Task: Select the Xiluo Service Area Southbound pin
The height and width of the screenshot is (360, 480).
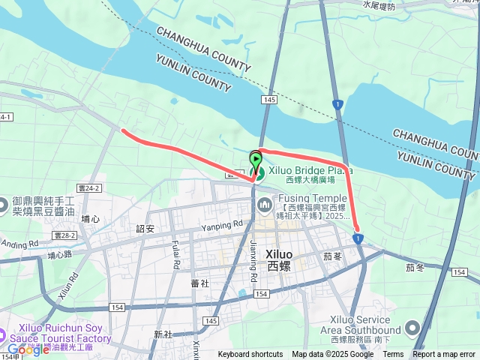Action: click(412, 328)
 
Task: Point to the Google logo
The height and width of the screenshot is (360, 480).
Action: click(28, 349)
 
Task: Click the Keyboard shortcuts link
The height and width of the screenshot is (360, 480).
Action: click(250, 355)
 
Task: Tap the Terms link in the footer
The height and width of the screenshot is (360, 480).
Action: click(393, 355)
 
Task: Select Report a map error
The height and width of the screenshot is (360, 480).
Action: click(444, 355)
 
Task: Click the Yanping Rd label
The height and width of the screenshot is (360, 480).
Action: click(222, 224)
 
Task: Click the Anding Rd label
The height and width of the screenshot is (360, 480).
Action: click(19, 244)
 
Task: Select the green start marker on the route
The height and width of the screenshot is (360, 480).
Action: click(256, 159)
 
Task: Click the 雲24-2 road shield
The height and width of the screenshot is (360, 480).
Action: click(88, 188)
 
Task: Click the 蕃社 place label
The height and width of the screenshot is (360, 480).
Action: click(199, 283)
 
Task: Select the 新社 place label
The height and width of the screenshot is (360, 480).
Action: click(163, 334)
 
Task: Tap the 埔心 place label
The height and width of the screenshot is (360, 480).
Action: click(91, 218)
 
